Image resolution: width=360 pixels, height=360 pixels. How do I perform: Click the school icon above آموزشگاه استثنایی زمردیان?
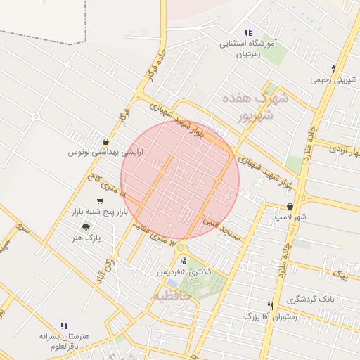pyautogui.click(x=247, y=32)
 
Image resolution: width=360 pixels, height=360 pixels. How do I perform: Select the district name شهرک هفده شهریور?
pyautogui.click(x=254, y=107)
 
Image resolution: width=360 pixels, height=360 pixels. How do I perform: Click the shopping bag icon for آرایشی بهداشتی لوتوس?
pyautogui.click(x=105, y=141)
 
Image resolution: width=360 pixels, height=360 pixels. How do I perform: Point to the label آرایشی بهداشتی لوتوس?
pyautogui.click(x=106, y=152)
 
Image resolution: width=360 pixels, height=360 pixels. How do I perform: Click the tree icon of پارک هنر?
pyautogui.click(x=86, y=227)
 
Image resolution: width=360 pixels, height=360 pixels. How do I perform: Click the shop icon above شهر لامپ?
pyautogui.click(x=290, y=207)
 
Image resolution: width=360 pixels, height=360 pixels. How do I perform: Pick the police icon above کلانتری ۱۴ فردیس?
pyautogui.click(x=184, y=261)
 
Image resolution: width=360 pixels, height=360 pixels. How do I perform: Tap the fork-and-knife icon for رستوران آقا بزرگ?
pyautogui.click(x=270, y=306)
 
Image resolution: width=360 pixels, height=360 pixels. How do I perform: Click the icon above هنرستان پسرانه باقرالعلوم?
pyautogui.click(x=64, y=326)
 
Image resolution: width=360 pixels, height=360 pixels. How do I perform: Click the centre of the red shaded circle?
pyautogui.click(x=180, y=180)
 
